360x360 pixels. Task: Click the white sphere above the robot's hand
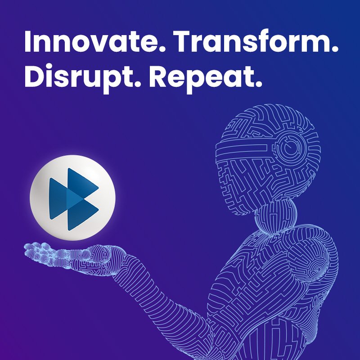point(72,198)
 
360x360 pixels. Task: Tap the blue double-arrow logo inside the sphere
point(74,199)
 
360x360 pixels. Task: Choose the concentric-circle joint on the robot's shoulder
point(319,269)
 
